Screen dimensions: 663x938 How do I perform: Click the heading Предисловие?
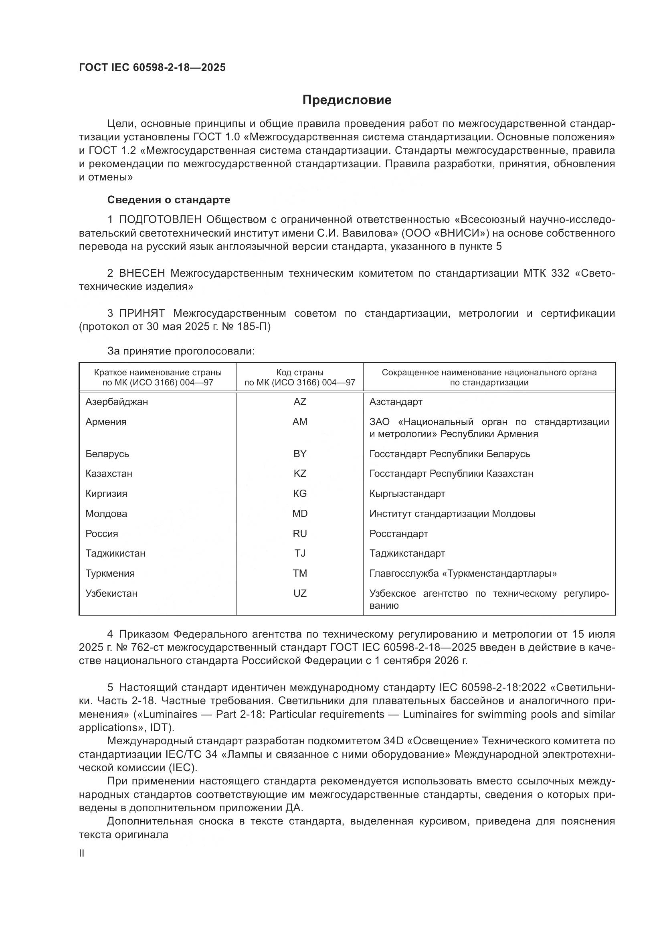click(x=347, y=100)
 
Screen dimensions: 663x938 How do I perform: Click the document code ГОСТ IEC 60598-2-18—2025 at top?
click(x=152, y=68)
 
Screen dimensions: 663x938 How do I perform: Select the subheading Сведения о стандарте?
click(x=169, y=200)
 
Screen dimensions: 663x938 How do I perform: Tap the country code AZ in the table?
click(x=300, y=402)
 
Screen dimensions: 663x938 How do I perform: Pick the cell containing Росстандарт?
click(x=398, y=534)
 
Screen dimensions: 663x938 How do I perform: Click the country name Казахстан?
click(x=109, y=474)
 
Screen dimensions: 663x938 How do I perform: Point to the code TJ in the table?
click(x=300, y=553)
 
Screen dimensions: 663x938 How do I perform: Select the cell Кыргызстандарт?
click(x=407, y=494)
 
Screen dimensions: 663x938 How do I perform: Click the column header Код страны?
click(x=300, y=373)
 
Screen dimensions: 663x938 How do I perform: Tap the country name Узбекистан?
click(x=111, y=594)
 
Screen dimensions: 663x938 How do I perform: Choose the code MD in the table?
click(x=300, y=514)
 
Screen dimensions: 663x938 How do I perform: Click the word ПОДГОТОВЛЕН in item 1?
click(x=160, y=220)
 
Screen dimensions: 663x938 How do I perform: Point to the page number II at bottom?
click(x=82, y=853)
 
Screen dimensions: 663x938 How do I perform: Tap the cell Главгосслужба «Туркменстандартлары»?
click(x=463, y=573)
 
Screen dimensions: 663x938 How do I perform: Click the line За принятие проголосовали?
click(x=181, y=351)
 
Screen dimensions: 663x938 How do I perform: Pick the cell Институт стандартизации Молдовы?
click(x=452, y=514)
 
